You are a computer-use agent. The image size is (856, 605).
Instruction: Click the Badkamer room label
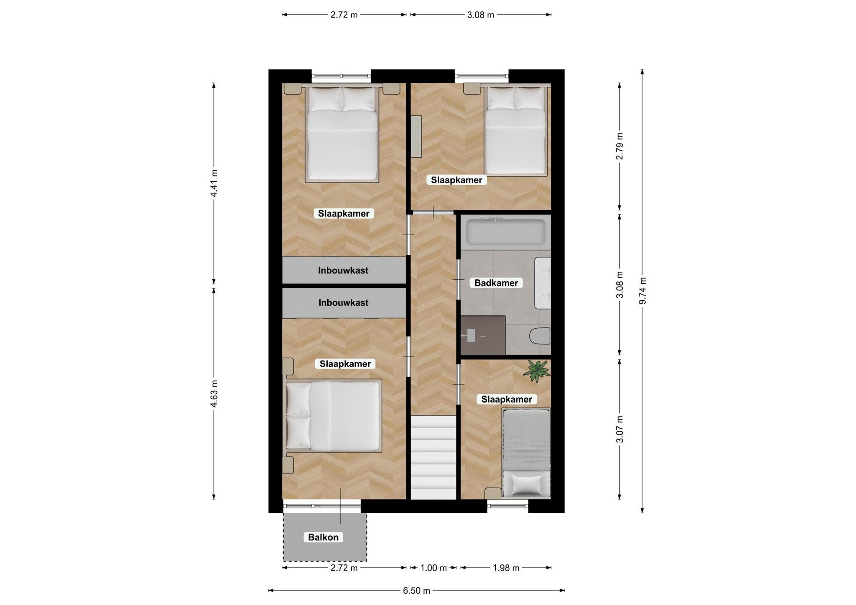[x=496, y=283]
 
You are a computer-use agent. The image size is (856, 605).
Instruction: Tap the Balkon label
[x=323, y=537]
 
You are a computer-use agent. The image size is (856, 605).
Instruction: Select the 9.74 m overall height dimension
[x=642, y=291]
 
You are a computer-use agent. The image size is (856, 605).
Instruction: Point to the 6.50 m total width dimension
[x=416, y=591]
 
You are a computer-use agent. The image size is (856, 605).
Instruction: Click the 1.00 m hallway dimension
[x=433, y=568]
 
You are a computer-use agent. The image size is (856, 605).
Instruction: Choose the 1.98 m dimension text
[x=506, y=568]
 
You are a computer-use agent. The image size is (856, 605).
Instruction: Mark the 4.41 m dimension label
[x=214, y=183]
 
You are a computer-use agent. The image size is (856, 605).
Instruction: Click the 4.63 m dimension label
[x=214, y=393]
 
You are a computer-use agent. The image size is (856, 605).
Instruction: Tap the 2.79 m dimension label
[x=620, y=146]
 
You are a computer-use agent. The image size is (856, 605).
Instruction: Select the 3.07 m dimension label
[x=620, y=429]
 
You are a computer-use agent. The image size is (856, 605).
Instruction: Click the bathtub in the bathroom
[x=506, y=232]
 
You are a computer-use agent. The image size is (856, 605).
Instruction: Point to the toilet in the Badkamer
[x=540, y=336]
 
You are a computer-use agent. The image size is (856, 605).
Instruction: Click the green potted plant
[x=536, y=371]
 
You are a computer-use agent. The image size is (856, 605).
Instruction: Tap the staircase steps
[x=433, y=458]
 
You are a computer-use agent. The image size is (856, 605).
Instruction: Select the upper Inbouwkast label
[x=343, y=270]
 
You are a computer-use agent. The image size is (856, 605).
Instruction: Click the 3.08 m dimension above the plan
[x=481, y=15]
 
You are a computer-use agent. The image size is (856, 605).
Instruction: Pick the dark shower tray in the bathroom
[x=483, y=335]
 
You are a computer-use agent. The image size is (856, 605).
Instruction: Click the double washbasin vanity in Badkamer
[x=543, y=283]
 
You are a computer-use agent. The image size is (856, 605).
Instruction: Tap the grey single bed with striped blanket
[x=526, y=453]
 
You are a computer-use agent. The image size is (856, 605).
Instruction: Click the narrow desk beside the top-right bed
[x=416, y=136]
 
